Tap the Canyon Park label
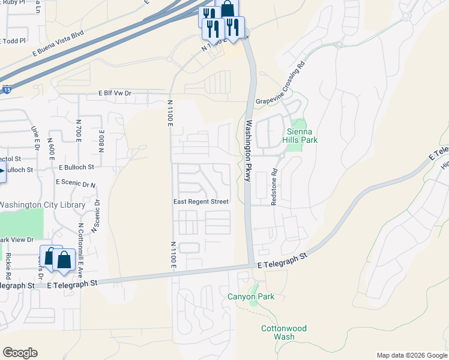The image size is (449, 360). click(x=251, y=296)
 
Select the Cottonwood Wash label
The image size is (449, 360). click(x=283, y=332)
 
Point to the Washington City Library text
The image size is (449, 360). click(x=42, y=205)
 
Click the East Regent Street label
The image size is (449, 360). click(x=200, y=202)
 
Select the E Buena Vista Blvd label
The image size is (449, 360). click(x=58, y=45)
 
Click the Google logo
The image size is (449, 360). click(x=20, y=352)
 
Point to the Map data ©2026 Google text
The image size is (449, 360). click(x=411, y=355)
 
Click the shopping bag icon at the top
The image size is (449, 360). click(x=228, y=8)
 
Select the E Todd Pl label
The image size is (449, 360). click(x=14, y=41)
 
